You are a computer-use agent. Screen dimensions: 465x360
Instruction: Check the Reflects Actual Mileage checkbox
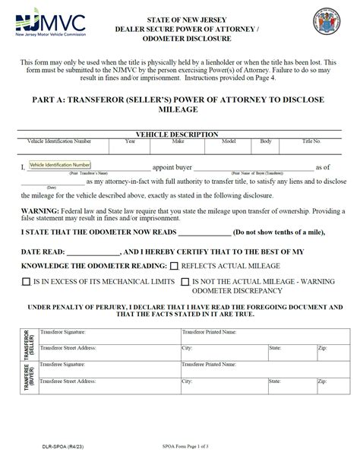click(175, 267)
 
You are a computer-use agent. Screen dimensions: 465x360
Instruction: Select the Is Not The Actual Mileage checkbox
click(185, 282)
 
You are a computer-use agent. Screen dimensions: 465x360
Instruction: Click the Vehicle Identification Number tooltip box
click(60, 165)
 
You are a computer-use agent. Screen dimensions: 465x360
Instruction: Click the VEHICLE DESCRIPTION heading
click(177, 134)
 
